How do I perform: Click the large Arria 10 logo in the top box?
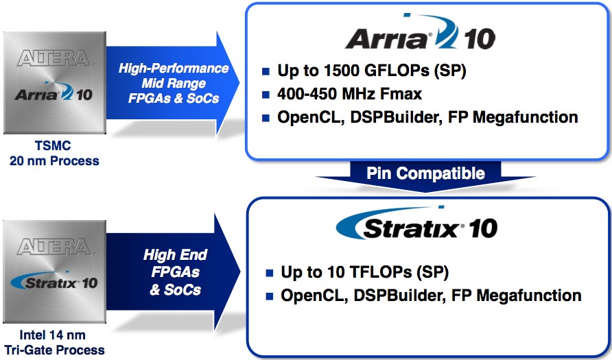[x=420, y=32]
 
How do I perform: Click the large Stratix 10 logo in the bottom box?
[x=416, y=223]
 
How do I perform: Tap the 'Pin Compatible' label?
[x=425, y=173]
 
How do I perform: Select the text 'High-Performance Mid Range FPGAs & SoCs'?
[x=174, y=83]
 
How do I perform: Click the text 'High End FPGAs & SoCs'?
[x=175, y=272]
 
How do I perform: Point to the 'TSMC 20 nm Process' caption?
[x=54, y=153]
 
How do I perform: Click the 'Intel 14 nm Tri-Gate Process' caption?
[x=54, y=342]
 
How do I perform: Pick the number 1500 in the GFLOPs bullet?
[x=342, y=71]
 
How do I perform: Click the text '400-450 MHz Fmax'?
[x=349, y=94]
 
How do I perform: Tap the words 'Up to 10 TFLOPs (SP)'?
[x=364, y=272]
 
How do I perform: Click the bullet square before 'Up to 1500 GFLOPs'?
[x=266, y=71]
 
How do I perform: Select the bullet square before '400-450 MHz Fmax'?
[x=266, y=95]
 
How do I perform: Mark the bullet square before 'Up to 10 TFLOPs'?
[x=270, y=273]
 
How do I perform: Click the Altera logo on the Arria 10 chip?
[x=54, y=58]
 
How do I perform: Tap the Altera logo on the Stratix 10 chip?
[x=54, y=247]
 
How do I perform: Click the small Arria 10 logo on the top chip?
[x=54, y=91]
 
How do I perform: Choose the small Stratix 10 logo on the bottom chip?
[x=54, y=280]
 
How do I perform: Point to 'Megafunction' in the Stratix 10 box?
[x=528, y=296]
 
